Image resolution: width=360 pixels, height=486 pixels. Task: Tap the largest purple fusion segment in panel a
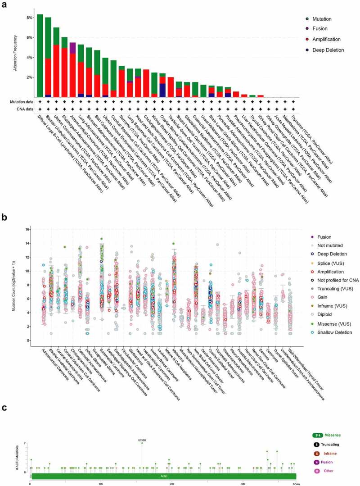[72, 48]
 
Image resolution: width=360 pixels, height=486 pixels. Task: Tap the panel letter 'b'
[4, 217]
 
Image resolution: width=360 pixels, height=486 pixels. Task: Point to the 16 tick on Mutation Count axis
[27, 229]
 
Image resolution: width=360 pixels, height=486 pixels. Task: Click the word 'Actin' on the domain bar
[163, 476]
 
